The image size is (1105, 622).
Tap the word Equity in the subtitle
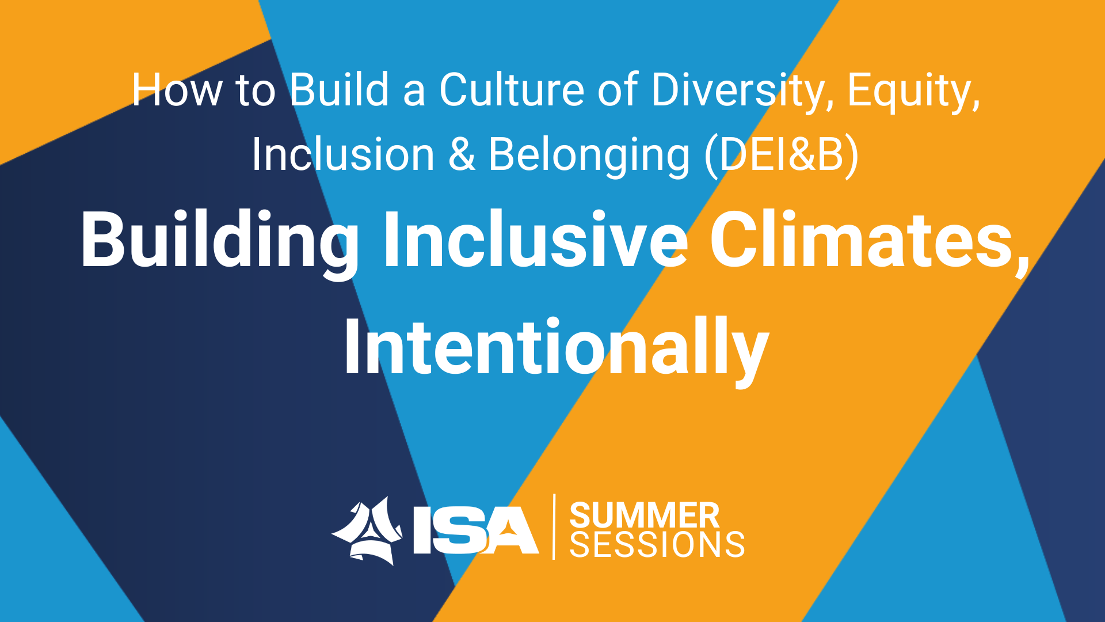pyautogui.click(x=913, y=92)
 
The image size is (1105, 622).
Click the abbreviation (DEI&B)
pyautogui.click(x=782, y=155)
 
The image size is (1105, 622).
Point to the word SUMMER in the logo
pyautogui.click(x=645, y=515)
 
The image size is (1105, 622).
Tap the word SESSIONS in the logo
pyautogui.click(x=657, y=544)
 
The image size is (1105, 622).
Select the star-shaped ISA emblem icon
pyautogui.click(x=367, y=530)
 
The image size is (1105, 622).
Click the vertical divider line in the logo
pyautogui.click(x=554, y=526)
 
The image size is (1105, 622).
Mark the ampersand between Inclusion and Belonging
pyautogui.click(x=462, y=155)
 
